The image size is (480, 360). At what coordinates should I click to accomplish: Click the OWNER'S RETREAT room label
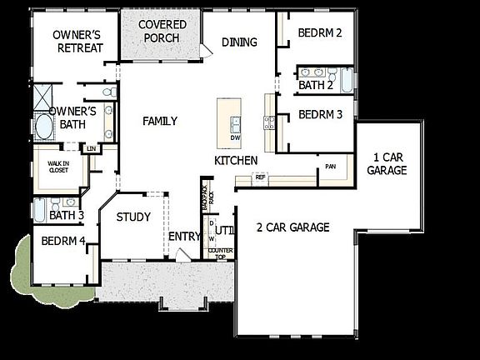point(77,41)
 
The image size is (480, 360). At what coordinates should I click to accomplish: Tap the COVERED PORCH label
point(162,32)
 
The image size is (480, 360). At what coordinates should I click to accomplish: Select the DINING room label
point(240,42)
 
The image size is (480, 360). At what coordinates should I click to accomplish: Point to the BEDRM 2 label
point(321,34)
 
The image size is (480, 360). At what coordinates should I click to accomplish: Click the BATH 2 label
point(316,84)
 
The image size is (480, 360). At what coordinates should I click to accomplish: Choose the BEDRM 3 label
point(320,114)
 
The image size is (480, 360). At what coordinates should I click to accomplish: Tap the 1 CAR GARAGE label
point(387,163)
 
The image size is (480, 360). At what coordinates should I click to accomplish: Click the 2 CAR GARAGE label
point(292,227)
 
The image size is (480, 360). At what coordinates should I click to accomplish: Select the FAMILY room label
point(160,122)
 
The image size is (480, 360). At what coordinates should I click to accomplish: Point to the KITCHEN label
point(236,160)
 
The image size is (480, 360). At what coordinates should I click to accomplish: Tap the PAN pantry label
point(331,167)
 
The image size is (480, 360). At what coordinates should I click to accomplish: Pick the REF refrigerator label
point(260,177)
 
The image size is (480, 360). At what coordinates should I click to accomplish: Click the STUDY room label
point(133,217)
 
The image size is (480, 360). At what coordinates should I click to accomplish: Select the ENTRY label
point(184,237)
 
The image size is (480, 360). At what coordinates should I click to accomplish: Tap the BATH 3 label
point(67,216)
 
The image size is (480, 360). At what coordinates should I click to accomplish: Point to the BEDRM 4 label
point(63,242)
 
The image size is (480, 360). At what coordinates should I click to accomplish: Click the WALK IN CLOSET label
point(57,167)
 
